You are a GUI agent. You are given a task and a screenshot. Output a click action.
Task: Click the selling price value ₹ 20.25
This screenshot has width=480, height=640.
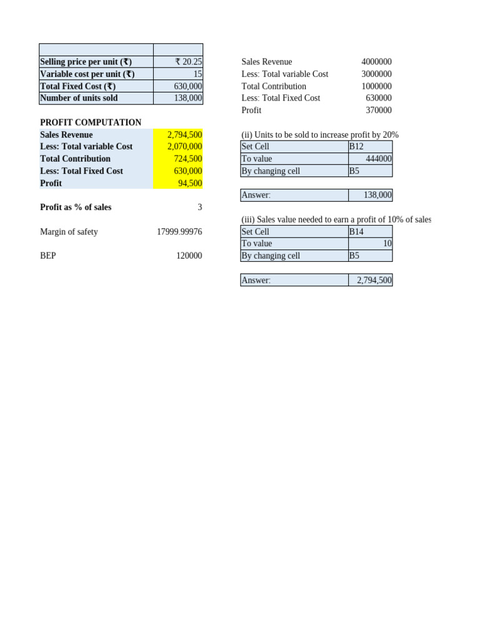tap(188, 62)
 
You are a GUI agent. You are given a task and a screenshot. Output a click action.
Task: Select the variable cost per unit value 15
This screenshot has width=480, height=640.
tap(197, 74)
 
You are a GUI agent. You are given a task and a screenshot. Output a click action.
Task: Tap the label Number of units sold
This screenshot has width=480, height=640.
tap(79, 98)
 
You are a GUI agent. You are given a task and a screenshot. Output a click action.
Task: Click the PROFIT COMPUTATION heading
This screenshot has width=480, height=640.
tap(91, 122)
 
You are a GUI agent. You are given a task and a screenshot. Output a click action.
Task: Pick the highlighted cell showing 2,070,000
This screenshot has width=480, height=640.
tap(184, 146)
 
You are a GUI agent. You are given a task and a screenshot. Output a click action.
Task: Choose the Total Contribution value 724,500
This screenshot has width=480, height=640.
tap(187, 159)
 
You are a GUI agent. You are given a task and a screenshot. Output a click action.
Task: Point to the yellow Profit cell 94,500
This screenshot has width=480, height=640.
tap(190, 183)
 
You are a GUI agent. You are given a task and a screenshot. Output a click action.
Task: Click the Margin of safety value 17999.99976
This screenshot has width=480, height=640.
tap(179, 232)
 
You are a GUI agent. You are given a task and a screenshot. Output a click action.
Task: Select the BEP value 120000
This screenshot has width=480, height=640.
tap(189, 256)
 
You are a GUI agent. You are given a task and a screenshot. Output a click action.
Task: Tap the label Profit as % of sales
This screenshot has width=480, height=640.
tap(76, 207)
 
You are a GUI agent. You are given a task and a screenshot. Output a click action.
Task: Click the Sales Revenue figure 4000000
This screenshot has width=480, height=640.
tap(376, 62)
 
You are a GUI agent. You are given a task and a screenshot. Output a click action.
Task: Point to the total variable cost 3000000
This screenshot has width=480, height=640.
tap(376, 74)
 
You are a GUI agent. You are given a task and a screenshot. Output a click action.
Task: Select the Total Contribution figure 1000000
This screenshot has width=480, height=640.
tap(376, 86)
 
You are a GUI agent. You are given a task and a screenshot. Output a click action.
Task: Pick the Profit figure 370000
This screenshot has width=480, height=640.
tap(379, 110)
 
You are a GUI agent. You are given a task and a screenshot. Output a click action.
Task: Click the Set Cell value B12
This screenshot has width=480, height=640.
tap(356, 146)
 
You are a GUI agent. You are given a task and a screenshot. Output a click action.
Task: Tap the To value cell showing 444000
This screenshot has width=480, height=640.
tap(378, 159)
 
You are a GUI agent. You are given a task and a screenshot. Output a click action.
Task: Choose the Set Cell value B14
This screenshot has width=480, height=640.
tap(356, 231)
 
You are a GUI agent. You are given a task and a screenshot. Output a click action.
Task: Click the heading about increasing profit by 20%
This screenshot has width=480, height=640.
tap(320, 135)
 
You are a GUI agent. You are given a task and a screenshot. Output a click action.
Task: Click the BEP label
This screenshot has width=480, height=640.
tap(48, 256)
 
